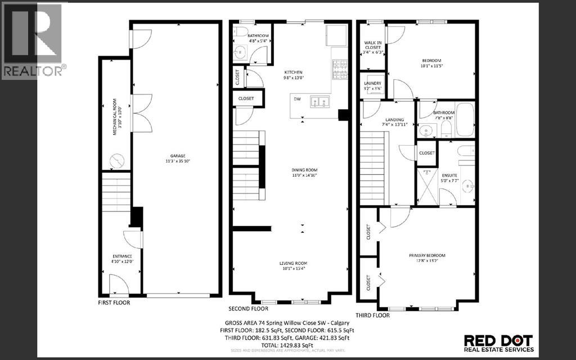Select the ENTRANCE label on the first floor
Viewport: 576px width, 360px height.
point(122,257)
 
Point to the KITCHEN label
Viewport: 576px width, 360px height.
point(293,73)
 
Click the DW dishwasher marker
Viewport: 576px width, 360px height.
point(296,99)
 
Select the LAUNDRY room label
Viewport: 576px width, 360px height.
point(373,83)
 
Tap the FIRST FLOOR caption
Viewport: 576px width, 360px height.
point(114,303)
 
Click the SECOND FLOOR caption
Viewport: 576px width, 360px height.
point(248,309)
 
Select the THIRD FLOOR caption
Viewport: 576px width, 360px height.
point(372,316)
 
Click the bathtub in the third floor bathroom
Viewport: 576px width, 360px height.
point(465,120)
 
